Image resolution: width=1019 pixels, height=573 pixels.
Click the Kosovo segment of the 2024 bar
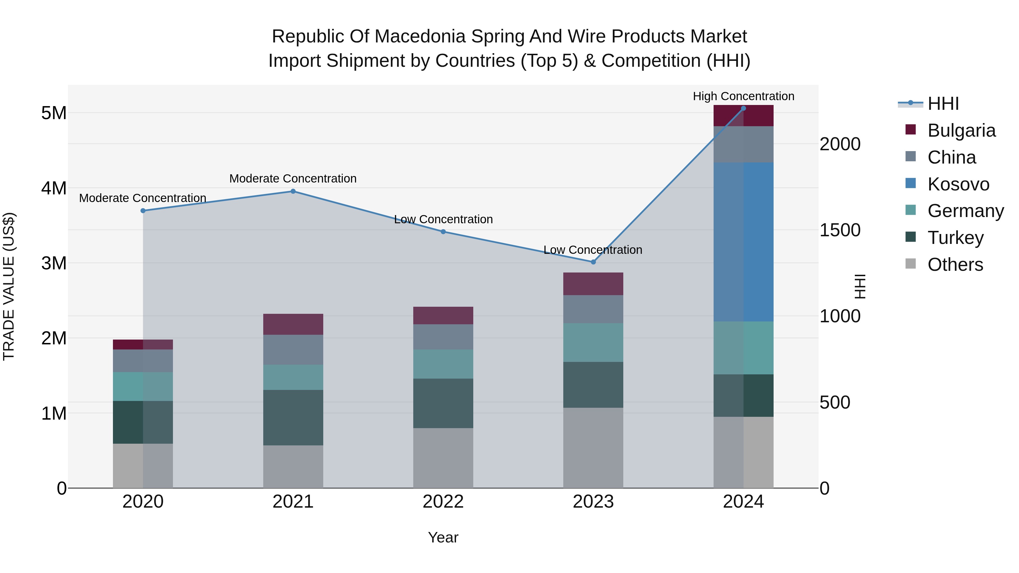tap(743, 242)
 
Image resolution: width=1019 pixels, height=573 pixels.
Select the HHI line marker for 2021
tap(293, 191)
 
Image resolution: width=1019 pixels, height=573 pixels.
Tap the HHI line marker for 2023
tap(593, 262)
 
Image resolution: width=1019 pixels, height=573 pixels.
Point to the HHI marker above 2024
tap(743, 108)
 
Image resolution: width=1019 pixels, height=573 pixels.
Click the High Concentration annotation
tap(743, 96)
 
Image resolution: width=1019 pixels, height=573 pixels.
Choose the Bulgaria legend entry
tap(961, 130)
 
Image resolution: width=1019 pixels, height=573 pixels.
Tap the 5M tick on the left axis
tap(54, 113)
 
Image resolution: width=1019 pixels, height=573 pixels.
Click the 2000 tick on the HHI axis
tap(840, 144)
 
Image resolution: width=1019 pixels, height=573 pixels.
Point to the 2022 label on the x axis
tap(443, 502)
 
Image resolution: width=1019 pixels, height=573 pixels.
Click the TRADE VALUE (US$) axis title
tap(9, 286)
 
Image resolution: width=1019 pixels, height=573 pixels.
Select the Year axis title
tap(443, 537)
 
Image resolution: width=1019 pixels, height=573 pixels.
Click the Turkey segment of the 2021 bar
tap(293, 418)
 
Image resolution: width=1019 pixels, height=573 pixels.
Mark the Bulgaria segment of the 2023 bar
tap(593, 284)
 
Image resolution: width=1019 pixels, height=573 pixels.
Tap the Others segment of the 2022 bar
tap(443, 458)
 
